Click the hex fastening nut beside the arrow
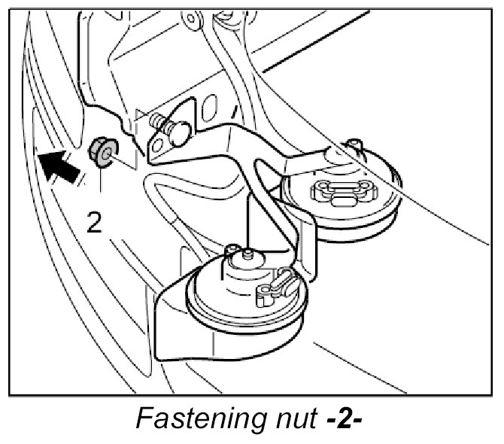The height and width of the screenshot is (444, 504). pyautogui.click(x=102, y=150)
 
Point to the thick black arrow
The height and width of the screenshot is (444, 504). pyautogui.click(x=59, y=165)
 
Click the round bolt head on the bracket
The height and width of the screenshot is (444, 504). pyautogui.click(x=178, y=133)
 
